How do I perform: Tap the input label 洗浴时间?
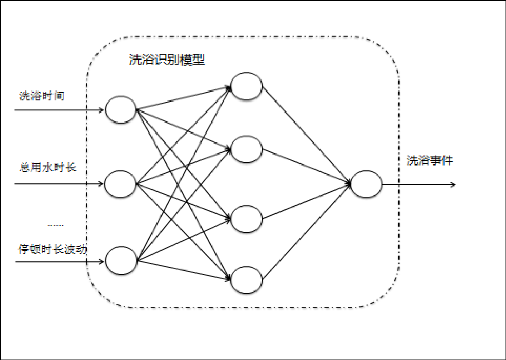(42, 96)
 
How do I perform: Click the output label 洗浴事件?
(430, 161)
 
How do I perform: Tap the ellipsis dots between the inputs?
(56, 224)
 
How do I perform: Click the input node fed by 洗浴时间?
(121, 110)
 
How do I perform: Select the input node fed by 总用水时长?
(120, 183)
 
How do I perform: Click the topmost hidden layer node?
(247, 86)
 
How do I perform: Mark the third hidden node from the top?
(247, 219)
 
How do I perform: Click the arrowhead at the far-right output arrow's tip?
(454, 185)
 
